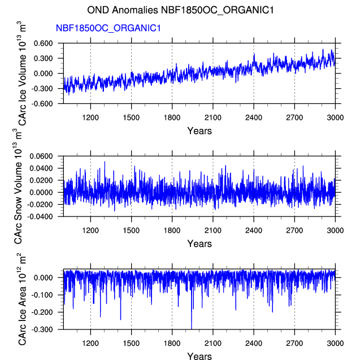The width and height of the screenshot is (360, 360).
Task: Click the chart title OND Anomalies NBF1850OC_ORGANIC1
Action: [180, 10]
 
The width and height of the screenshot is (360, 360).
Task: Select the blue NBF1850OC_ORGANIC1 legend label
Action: [109, 28]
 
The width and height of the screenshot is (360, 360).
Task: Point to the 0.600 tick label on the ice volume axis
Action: [43, 43]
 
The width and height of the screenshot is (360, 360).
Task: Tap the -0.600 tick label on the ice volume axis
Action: [42, 103]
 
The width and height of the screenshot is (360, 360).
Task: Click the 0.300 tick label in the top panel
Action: [43, 58]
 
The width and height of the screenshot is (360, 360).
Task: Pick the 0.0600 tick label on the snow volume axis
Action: [41, 156]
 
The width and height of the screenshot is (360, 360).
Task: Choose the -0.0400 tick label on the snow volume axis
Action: [40, 216]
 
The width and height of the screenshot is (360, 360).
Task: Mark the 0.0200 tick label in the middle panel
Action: [41, 180]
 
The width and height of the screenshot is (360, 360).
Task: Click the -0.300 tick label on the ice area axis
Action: [42, 329]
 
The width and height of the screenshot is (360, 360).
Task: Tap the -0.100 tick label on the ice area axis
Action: [42, 295]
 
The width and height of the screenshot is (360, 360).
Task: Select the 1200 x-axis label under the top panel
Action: [90, 118]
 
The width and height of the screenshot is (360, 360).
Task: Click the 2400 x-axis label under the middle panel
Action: [254, 231]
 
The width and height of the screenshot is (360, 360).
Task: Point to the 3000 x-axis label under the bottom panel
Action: [335, 344]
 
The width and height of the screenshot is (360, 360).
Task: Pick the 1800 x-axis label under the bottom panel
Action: [172, 344]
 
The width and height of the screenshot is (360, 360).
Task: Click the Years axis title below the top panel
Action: [199, 131]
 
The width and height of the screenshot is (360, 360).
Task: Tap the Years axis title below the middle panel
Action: [199, 244]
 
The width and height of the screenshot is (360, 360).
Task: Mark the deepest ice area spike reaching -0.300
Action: [192, 329]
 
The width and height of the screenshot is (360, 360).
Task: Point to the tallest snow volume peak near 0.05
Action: [105, 162]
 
